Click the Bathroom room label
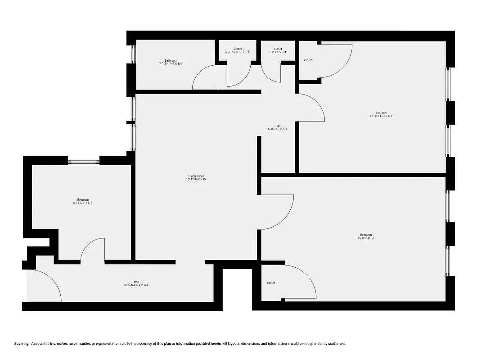[171, 61]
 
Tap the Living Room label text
[196, 176]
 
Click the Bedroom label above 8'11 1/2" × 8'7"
[83, 200]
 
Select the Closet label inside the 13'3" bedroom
[308, 60]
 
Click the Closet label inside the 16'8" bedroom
[271, 283]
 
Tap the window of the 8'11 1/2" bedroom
[83, 161]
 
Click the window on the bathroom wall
[132, 54]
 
